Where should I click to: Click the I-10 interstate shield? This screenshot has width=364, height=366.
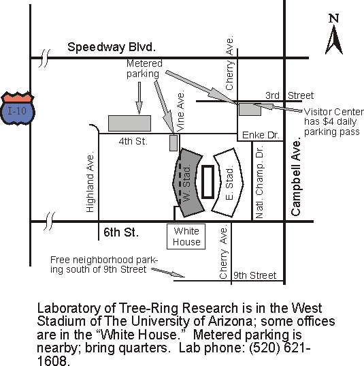point(18,108)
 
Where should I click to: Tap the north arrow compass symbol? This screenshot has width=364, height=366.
point(334,34)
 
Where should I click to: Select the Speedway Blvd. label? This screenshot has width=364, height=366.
point(112,48)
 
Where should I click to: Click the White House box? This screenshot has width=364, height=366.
point(186,237)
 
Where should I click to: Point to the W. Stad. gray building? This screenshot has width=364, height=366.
point(188,183)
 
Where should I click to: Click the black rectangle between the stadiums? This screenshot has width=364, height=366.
point(208,182)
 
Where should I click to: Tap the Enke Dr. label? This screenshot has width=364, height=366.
point(261,135)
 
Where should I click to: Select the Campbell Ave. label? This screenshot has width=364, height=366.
point(296,177)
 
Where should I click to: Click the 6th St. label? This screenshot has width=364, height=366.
point(121,232)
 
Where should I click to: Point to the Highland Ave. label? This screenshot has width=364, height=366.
point(90,182)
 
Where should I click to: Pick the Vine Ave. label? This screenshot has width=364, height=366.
point(180,111)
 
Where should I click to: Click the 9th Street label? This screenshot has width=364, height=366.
point(254,275)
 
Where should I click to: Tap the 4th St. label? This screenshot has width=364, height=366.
point(133,141)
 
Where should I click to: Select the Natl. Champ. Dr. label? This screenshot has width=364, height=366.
point(259,182)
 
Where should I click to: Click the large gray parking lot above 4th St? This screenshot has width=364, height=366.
point(129,123)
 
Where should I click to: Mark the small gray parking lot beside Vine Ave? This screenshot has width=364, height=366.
point(173,143)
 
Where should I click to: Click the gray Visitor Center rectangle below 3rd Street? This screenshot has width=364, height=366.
point(250,109)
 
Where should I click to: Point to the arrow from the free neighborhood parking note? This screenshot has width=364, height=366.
point(168,273)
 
